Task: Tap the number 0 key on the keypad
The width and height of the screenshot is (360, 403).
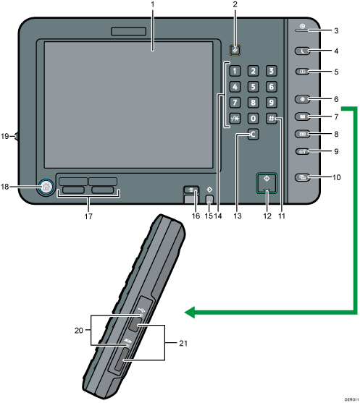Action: click(x=252, y=117)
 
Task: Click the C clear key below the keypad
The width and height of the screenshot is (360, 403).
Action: click(x=252, y=135)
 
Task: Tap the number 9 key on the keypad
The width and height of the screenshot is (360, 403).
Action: click(x=270, y=102)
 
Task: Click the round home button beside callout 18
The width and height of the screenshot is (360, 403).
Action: click(x=46, y=187)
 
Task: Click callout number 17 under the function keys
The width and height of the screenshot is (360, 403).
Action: click(x=88, y=214)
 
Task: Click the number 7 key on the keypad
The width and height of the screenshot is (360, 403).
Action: click(x=234, y=102)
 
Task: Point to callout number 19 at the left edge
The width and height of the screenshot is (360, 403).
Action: click(x=4, y=135)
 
